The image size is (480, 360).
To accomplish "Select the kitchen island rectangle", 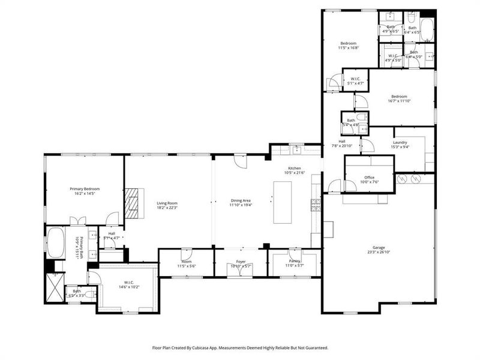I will point(282,202).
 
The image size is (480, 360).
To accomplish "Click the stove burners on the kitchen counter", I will point(315,205).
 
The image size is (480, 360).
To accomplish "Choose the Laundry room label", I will point(400,142).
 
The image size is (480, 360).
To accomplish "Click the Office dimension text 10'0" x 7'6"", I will point(370,182).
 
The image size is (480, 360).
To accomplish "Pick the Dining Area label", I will point(241,200).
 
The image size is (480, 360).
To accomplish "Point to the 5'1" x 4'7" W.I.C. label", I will point(355,83).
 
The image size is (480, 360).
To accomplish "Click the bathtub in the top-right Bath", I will point(427,29).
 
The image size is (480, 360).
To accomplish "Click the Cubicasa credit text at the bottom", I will point(240,347).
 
